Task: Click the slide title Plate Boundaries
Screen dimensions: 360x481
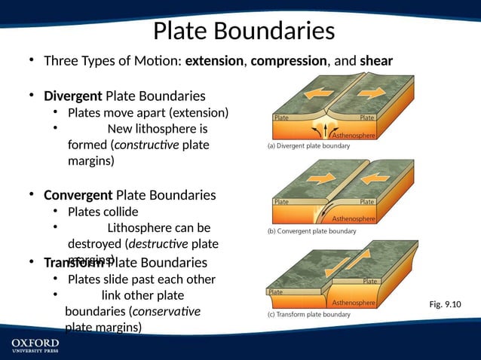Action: [244, 31]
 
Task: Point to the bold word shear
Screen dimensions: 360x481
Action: [376, 60]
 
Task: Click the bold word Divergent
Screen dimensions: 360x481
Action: [73, 96]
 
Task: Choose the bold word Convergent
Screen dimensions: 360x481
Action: [78, 195]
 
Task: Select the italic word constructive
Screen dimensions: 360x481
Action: [146, 145]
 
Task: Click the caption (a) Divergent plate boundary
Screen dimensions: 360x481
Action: [308, 146]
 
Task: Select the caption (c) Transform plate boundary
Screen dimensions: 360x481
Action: [309, 314]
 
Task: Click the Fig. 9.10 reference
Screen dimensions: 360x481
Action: [444, 304]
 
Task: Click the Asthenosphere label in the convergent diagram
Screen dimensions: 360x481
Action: [354, 218]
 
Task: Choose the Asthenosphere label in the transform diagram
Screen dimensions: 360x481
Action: [353, 303]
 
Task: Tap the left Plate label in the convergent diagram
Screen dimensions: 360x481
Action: [281, 202]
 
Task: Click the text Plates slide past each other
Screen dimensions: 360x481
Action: [142, 279]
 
